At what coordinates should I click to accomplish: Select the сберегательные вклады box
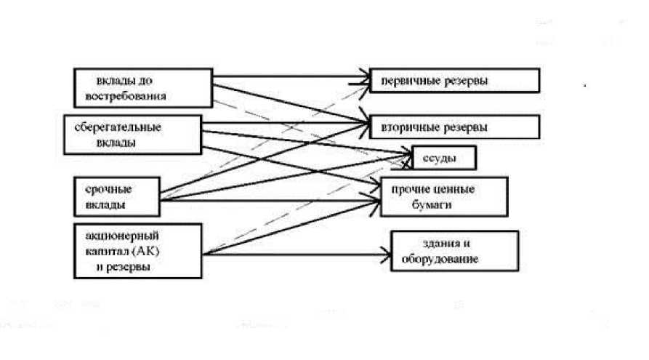coord(132,134)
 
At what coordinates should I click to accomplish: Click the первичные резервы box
coord(454,81)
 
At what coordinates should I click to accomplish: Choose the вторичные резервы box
coord(454,127)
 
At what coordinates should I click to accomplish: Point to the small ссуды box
coord(444,158)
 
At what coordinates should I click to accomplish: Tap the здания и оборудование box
coord(455,252)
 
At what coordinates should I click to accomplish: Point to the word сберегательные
coord(118,127)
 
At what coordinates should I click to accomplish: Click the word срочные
coord(102,189)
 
